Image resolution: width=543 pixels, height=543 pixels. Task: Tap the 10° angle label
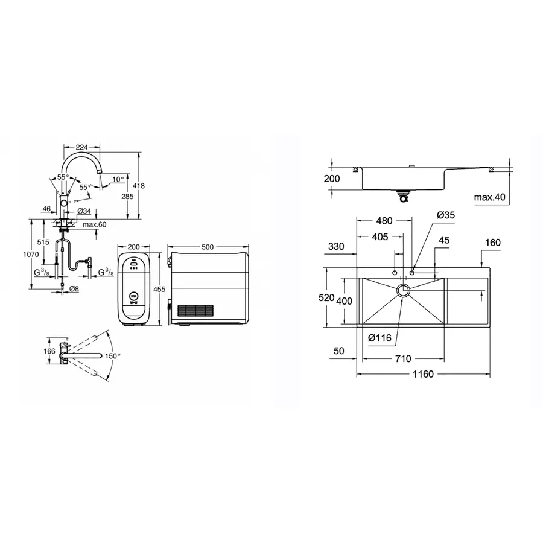[x=118, y=179]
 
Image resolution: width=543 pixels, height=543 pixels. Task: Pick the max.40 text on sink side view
[x=489, y=197]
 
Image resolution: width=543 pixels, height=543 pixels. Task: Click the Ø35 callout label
[x=445, y=215]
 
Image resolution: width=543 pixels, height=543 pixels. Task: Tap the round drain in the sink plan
[x=403, y=291]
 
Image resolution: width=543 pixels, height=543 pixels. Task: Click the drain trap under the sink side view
[x=403, y=194]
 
